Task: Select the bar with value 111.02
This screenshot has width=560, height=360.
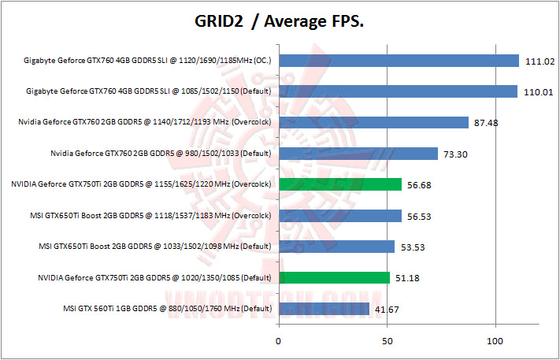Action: [399, 61]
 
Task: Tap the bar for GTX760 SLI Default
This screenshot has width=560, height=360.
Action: [398, 91]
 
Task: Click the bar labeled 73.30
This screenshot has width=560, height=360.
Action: [358, 154]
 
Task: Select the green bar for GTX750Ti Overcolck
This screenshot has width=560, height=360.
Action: [340, 184]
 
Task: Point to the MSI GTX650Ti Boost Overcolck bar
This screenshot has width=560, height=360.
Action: [339, 215]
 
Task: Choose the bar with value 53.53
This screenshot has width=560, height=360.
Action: [336, 247]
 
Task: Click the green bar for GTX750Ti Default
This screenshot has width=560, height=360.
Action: [334, 277]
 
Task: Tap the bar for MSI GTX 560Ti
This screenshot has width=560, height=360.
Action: [324, 308]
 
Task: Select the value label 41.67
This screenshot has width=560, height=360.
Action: [386, 309]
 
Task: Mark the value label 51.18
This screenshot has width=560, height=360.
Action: [406, 278]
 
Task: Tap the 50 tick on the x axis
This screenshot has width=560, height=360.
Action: [387, 341]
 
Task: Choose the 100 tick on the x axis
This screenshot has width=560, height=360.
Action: [495, 341]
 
